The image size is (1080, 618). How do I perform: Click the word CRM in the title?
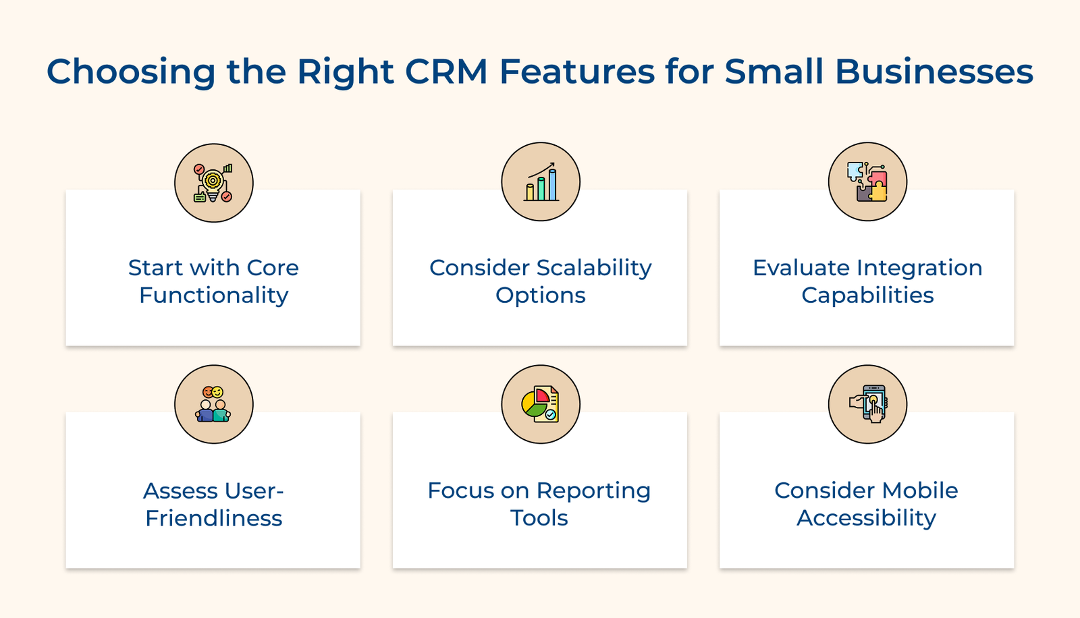tap(446, 72)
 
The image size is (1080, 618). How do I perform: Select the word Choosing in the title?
tap(130, 72)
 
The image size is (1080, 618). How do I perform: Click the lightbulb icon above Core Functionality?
tap(213, 183)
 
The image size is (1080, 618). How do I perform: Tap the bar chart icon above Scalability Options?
tap(541, 181)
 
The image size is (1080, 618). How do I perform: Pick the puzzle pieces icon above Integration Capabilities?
tap(867, 181)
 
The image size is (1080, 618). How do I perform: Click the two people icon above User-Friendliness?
tap(213, 404)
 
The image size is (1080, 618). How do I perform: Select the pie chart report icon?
tap(541, 404)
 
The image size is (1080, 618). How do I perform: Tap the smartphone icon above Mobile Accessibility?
tap(868, 404)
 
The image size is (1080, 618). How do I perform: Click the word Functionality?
tap(214, 296)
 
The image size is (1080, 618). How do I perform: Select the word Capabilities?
tap(867, 296)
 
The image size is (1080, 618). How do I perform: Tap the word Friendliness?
tap(214, 518)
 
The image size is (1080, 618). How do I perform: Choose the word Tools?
tap(539, 518)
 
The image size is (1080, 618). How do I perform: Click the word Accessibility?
tap(866, 518)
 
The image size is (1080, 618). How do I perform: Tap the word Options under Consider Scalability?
tap(541, 296)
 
